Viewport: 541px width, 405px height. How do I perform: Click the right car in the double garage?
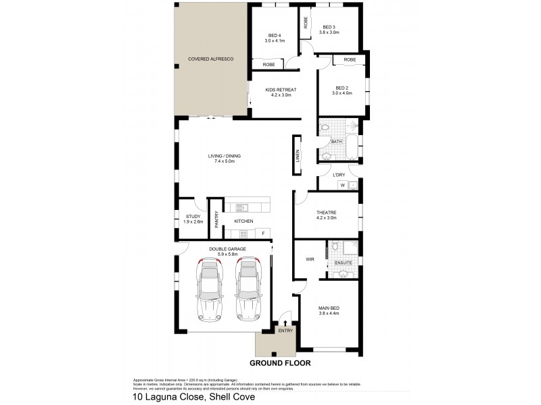click(x=248, y=291)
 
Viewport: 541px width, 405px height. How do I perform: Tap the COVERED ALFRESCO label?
click(x=210, y=60)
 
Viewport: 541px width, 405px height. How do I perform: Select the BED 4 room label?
click(x=274, y=35)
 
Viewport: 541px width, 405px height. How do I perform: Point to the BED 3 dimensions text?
click(x=330, y=32)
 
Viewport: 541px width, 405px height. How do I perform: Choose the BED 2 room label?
click(x=342, y=88)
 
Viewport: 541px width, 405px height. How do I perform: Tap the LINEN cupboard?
click(x=297, y=155)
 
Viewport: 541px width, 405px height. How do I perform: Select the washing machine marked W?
click(x=342, y=185)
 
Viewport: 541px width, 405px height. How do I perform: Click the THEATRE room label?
click(x=326, y=212)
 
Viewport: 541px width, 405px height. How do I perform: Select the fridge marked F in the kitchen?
click(x=263, y=234)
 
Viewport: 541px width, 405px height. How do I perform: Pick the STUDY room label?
click(x=193, y=216)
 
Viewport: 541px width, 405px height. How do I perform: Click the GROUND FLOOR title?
click(x=279, y=362)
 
